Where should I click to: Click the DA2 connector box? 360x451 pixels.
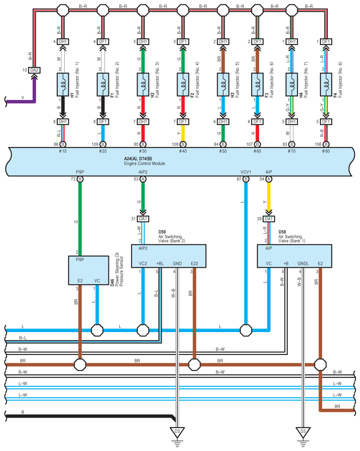tap(34, 70)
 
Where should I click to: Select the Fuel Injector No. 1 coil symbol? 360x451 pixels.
tap(63, 85)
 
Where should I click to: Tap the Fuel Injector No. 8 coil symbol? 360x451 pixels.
tap(326, 85)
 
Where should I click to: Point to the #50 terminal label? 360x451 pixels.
tap(223, 152)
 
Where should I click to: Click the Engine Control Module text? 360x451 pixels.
tap(145, 163)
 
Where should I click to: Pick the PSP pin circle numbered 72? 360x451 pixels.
tap(80, 179)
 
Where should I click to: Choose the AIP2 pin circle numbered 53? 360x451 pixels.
tap(143, 179)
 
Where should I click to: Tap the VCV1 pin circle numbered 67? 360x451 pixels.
tap(246, 179)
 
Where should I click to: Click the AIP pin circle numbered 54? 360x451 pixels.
tap(268, 179)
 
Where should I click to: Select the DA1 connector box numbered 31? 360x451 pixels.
tap(143, 219)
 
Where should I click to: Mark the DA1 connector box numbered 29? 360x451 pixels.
tap(268, 219)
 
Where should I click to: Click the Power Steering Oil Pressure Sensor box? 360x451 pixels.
tap(88, 270)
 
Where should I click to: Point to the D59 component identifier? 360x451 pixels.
tap(162, 232)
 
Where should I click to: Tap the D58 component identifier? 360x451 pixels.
tap(282, 232)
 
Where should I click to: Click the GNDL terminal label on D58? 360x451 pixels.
tap(303, 263)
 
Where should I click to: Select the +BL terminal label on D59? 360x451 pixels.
tap(160, 263)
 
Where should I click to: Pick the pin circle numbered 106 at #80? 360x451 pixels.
tap(326, 144)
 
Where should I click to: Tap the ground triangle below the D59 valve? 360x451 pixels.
tap(177, 433)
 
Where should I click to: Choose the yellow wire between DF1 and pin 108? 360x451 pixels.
tap(183, 133)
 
